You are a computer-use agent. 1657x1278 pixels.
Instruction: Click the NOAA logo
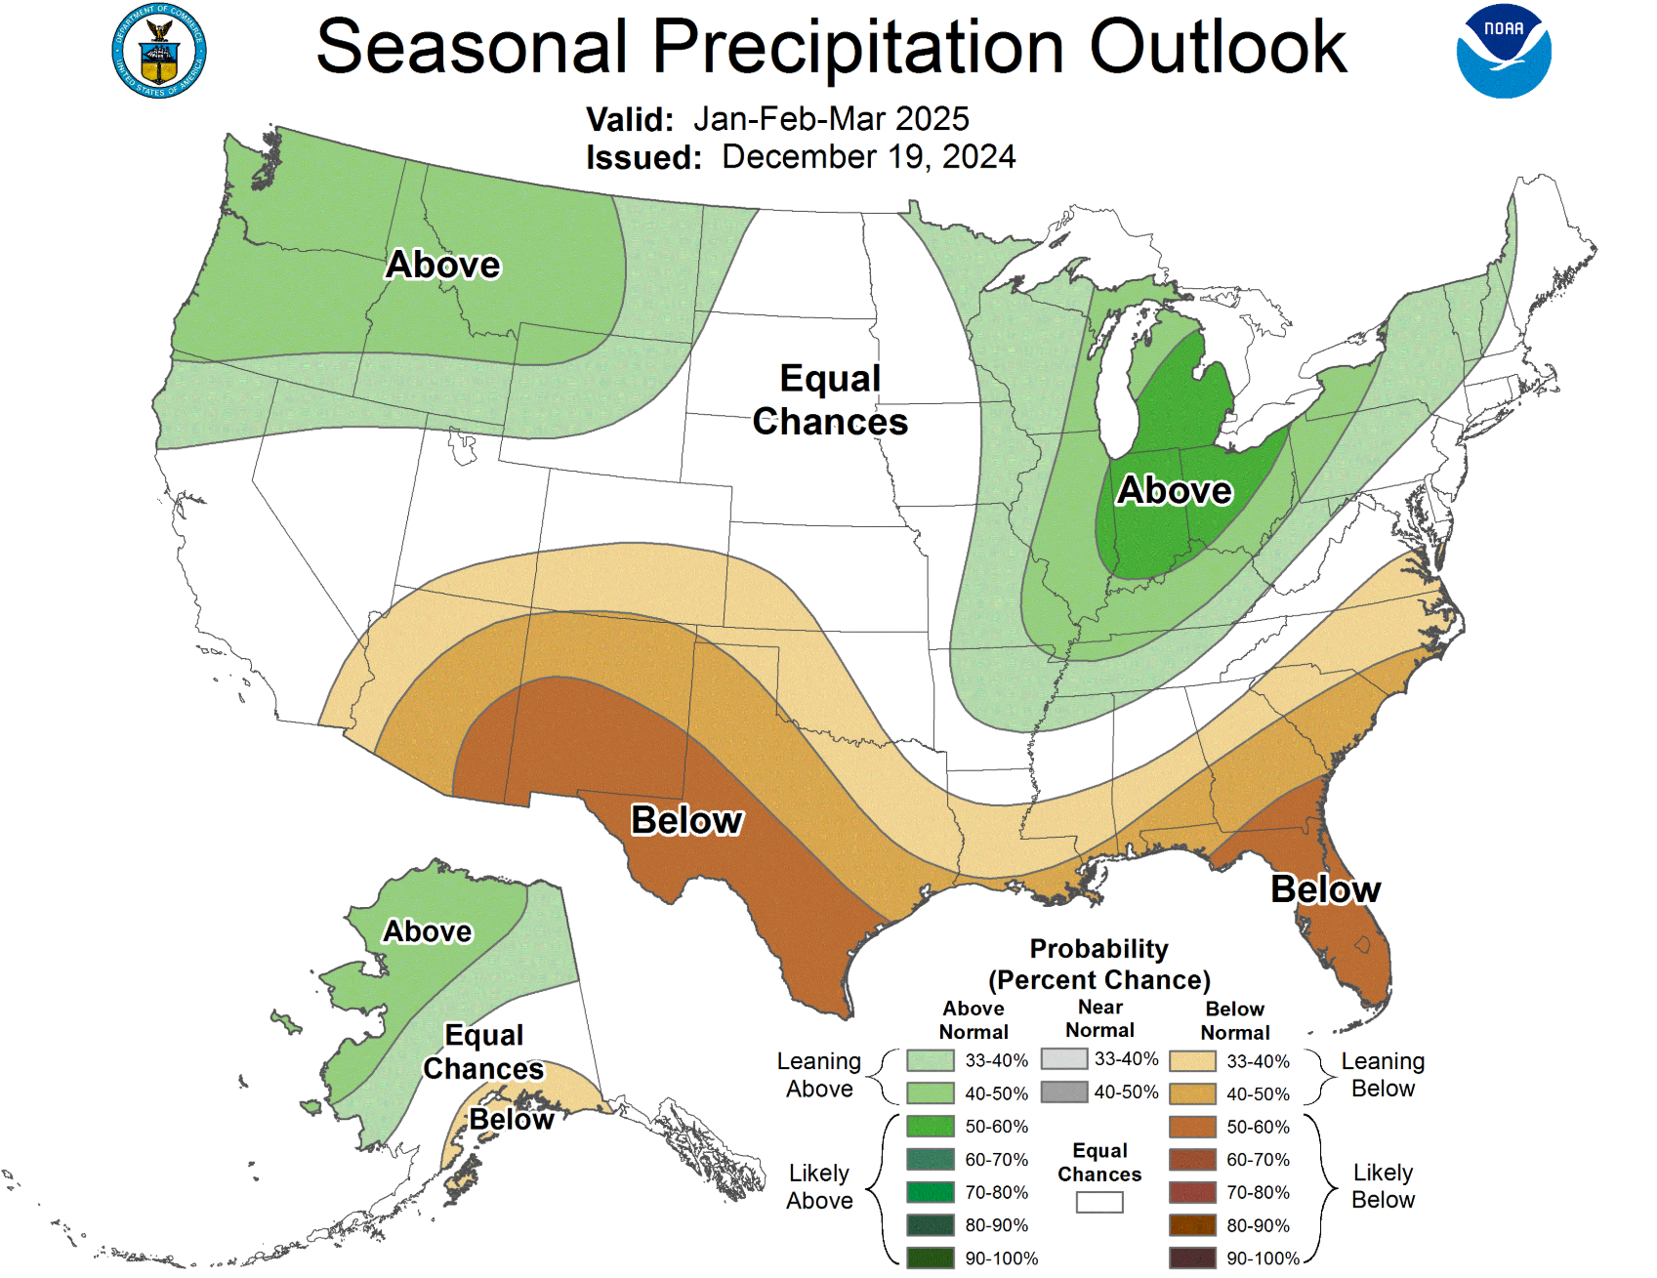[1503, 52]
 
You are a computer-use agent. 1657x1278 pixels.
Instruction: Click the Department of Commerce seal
[159, 52]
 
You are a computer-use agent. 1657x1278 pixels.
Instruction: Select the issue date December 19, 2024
[868, 157]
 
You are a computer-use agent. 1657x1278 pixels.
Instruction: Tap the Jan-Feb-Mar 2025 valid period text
[831, 119]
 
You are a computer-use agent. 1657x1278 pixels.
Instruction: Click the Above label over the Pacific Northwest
[442, 265]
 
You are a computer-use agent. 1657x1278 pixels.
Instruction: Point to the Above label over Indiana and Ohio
[1175, 490]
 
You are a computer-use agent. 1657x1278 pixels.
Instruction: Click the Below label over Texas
[686, 820]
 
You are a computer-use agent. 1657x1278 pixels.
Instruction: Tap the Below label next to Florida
[1325, 889]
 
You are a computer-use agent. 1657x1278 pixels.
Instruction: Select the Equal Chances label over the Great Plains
[830, 400]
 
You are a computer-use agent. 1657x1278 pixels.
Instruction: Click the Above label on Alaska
[427, 931]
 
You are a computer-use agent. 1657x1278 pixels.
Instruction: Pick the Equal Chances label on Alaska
[483, 1051]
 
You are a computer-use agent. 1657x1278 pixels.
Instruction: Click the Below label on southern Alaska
[511, 1119]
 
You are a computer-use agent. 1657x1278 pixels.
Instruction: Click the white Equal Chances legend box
[1099, 1202]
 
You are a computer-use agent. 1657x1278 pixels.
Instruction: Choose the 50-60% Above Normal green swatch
[930, 1126]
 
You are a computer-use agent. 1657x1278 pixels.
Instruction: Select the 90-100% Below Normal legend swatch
[1192, 1257]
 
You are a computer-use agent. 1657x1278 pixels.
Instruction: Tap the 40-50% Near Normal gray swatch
[1064, 1092]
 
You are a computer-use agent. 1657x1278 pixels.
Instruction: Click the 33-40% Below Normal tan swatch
[1192, 1060]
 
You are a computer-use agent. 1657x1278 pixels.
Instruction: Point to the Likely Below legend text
[1383, 1185]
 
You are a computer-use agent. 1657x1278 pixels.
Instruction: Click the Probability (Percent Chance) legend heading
[1099, 964]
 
